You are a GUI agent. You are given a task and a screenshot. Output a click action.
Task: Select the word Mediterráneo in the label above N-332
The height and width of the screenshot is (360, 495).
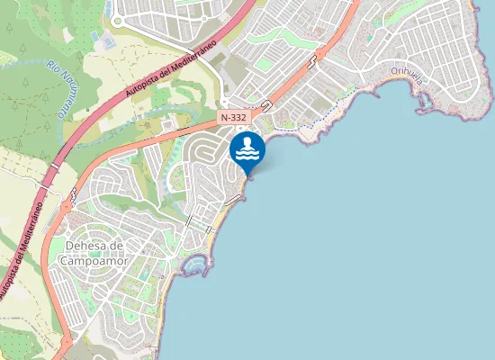[x=199, y=51]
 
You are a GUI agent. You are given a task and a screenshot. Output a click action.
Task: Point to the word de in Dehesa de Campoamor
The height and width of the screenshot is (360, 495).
[x=116, y=246]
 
